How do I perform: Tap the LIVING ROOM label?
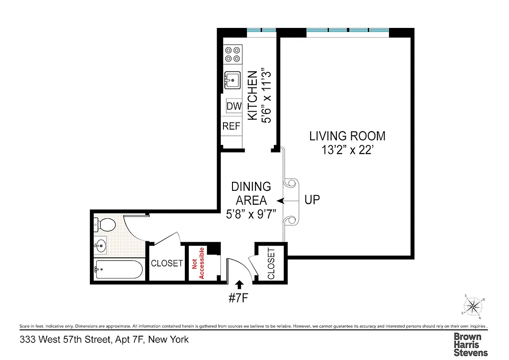(x=347, y=136)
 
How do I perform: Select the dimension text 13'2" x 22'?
(x=347, y=150)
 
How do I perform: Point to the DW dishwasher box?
(x=234, y=106)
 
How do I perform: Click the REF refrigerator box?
(x=232, y=126)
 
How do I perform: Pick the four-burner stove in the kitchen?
(x=233, y=54)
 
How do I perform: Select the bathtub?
(x=119, y=270)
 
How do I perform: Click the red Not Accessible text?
(x=198, y=263)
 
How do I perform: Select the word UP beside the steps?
(x=313, y=200)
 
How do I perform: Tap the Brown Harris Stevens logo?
(x=470, y=344)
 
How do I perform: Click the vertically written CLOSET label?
(x=271, y=263)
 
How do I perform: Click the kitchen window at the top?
(x=261, y=30)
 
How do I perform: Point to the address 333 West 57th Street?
(x=104, y=340)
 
